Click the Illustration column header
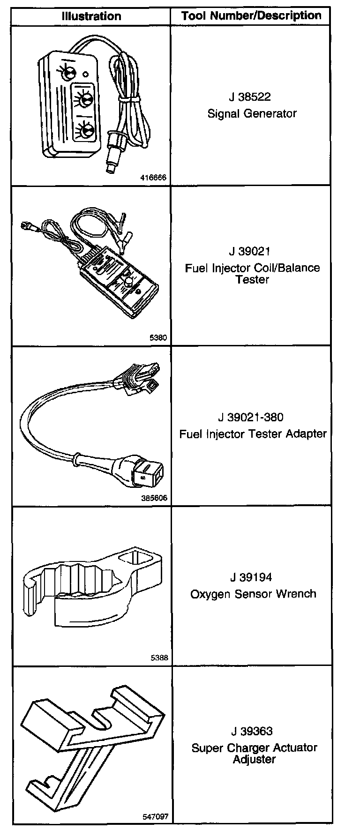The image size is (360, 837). (x=91, y=16)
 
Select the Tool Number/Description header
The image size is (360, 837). (x=251, y=15)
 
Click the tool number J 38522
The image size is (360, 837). (x=250, y=97)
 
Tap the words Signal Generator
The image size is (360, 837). (x=252, y=113)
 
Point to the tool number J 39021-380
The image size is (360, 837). (x=251, y=417)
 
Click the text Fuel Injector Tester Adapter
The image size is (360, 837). (x=253, y=434)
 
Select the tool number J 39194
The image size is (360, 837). (x=251, y=577)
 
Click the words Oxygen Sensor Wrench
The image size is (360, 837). (x=253, y=594)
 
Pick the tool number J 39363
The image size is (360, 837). (x=252, y=731)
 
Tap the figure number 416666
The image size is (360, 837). (x=154, y=178)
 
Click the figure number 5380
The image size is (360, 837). (x=159, y=337)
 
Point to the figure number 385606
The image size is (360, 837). (x=154, y=498)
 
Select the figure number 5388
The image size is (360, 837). (x=159, y=658)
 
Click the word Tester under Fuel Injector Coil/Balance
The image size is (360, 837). (x=252, y=280)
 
